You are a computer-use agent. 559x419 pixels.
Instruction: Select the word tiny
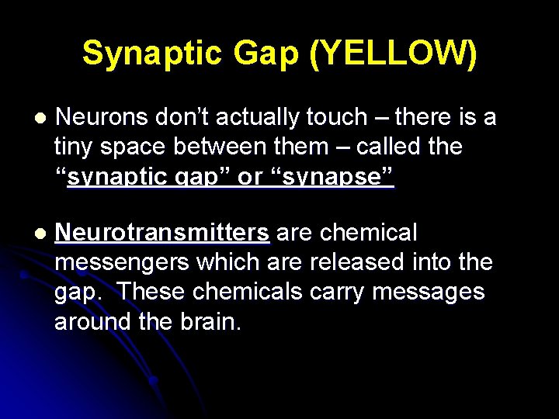pos(73,147)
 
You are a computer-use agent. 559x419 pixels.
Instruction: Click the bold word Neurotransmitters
pos(163,233)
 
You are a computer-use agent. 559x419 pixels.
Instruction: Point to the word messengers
pos(122,262)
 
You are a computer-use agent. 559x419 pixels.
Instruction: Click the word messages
pos(429,292)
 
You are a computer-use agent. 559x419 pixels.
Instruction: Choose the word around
pos(90,321)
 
